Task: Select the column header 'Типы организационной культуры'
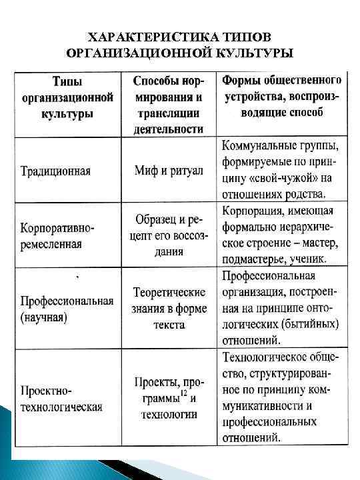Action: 67,97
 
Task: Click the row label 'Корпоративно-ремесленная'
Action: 59,235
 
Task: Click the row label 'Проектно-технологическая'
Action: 61,398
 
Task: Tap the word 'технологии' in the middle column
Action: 169,415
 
